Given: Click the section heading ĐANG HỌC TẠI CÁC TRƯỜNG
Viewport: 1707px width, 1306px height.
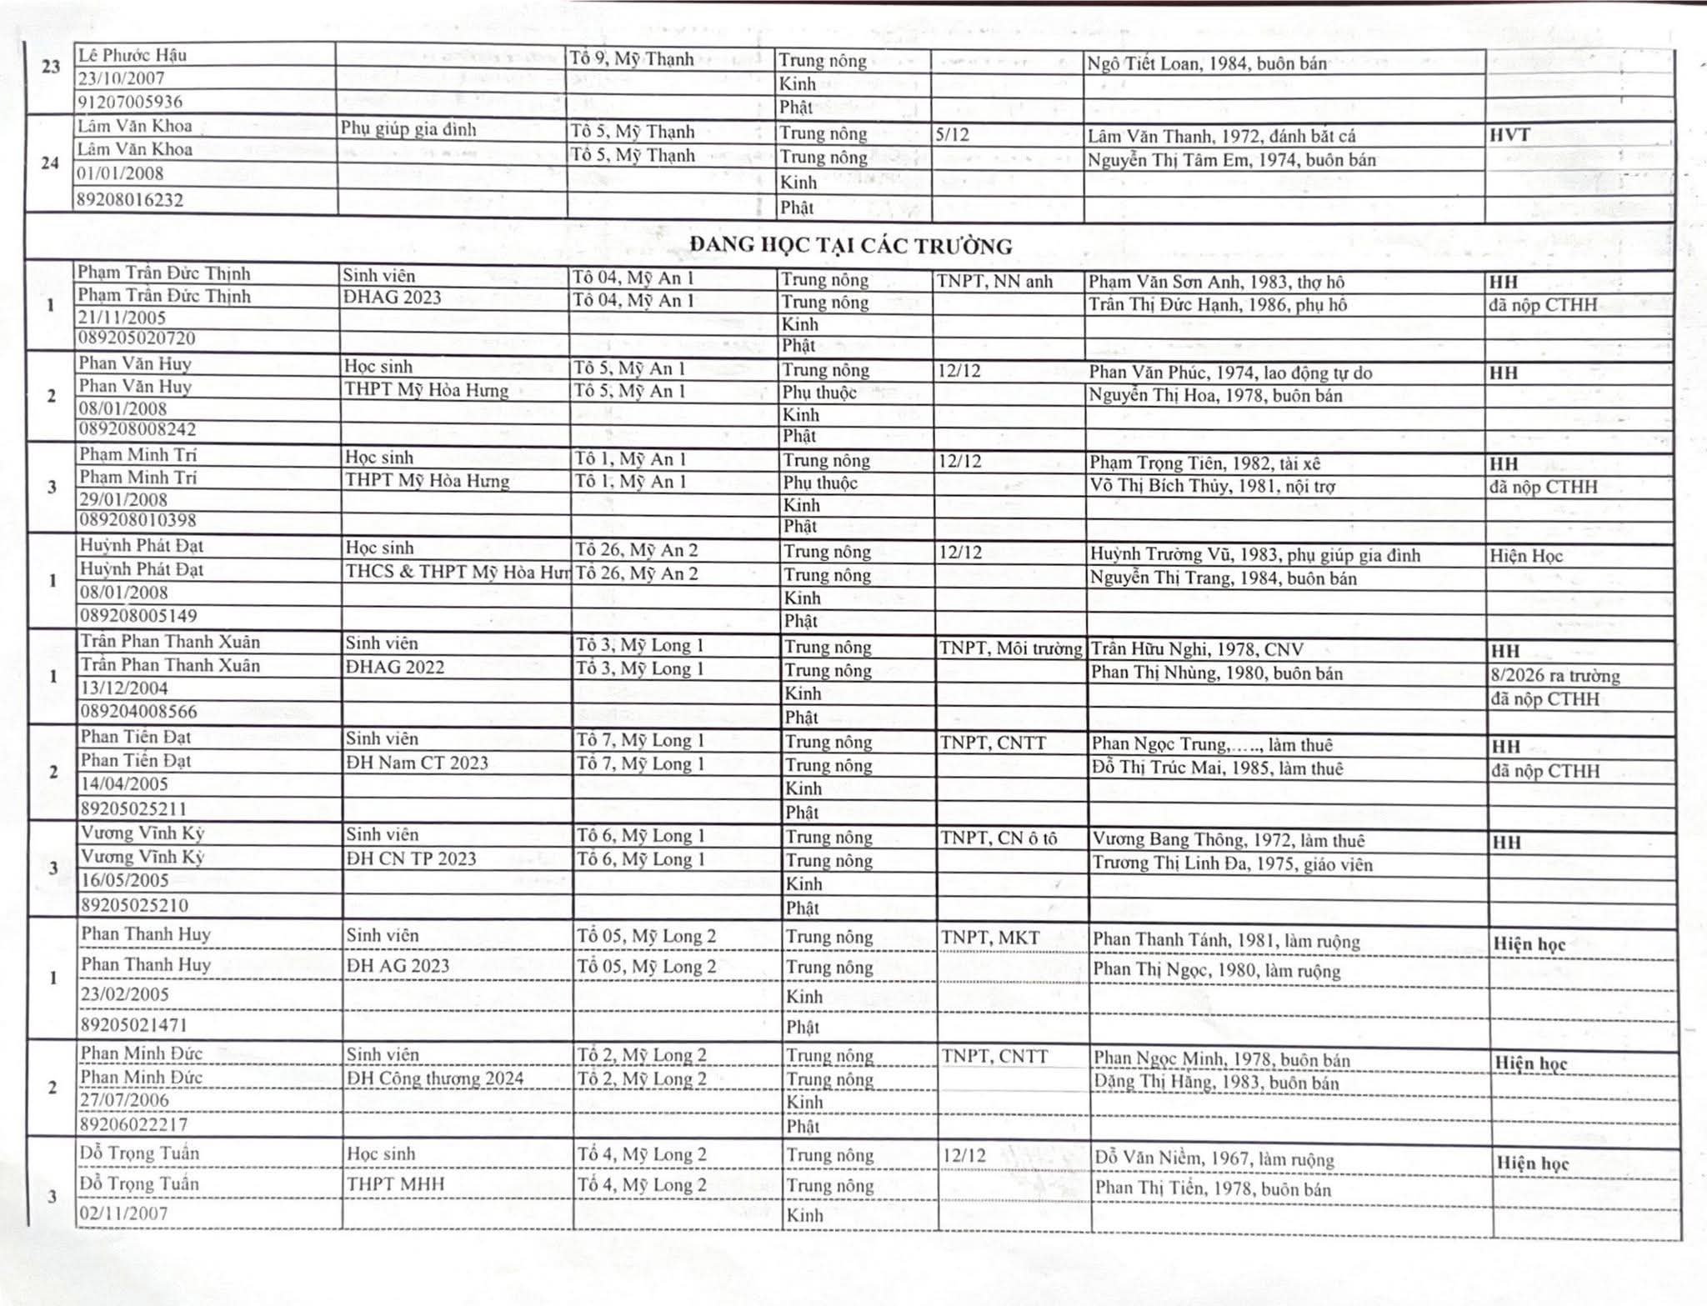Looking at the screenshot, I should coord(850,246).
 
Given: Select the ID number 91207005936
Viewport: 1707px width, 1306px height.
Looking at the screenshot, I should coord(130,102).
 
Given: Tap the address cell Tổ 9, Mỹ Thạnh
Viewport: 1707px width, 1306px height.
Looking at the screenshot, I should coord(632,58).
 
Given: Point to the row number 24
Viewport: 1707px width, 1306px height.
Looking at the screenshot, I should coord(50,163).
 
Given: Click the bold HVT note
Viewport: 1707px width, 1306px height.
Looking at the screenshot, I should coord(1509,135).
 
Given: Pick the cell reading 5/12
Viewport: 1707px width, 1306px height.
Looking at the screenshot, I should coord(952,134).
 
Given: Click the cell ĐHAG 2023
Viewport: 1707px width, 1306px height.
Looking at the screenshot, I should coord(392,298).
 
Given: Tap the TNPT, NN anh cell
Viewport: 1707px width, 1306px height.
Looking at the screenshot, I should coord(994,281).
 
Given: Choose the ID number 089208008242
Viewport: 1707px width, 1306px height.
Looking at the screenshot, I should coord(138,429).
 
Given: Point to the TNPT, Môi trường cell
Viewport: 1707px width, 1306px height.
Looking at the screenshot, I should coord(1010,648).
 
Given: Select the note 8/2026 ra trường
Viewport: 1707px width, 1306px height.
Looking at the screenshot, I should coord(1554,675).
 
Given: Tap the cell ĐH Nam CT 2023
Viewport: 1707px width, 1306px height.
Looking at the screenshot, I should coord(417,763).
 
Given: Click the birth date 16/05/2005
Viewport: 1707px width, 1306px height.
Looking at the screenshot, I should coord(124,880).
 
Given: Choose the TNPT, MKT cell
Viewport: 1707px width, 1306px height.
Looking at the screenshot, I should coord(990,938).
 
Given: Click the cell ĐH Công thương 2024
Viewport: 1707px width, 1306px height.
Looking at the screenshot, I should coord(435,1078).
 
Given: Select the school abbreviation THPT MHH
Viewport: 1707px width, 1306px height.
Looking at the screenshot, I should coord(395,1184).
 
